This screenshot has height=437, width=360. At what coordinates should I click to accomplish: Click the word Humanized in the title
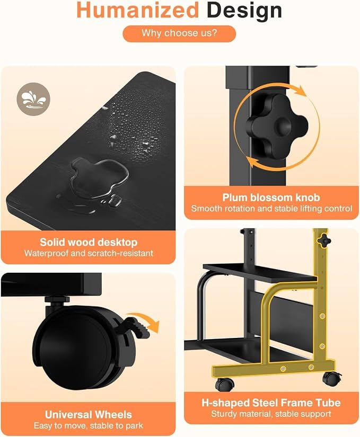[x=137, y=10]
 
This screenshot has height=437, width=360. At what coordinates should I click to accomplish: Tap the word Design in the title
[x=244, y=11]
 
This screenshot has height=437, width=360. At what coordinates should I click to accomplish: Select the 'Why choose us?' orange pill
[x=179, y=33]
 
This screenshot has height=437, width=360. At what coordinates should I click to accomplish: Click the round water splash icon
[x=33, y=99]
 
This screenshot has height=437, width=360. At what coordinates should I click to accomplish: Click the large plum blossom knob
[x=277, y=126]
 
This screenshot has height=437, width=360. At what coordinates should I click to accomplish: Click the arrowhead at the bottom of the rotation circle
[x=252, y=162]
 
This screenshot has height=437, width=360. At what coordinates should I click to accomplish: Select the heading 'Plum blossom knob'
[x=271, y=198]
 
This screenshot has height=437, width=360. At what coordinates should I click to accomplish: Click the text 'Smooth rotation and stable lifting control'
[x=271, y=209]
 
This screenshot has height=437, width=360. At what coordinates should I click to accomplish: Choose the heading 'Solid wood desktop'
[x=89, y=242]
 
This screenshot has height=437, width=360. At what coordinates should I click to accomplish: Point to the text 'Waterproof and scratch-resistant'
[x=89, y=253]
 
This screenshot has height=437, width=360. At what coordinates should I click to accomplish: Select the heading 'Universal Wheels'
[x=89, y=415]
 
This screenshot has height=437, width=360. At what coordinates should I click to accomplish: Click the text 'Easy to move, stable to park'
[x=89, y=426]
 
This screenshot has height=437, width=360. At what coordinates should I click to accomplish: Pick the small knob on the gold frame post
[x=325, y=240]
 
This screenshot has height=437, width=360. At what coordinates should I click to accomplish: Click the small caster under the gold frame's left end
[x=224, y=385]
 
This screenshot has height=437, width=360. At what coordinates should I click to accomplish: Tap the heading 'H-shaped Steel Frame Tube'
[x=271, y=403]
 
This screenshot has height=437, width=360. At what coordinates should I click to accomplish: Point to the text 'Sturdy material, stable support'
[x=271, y=414]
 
